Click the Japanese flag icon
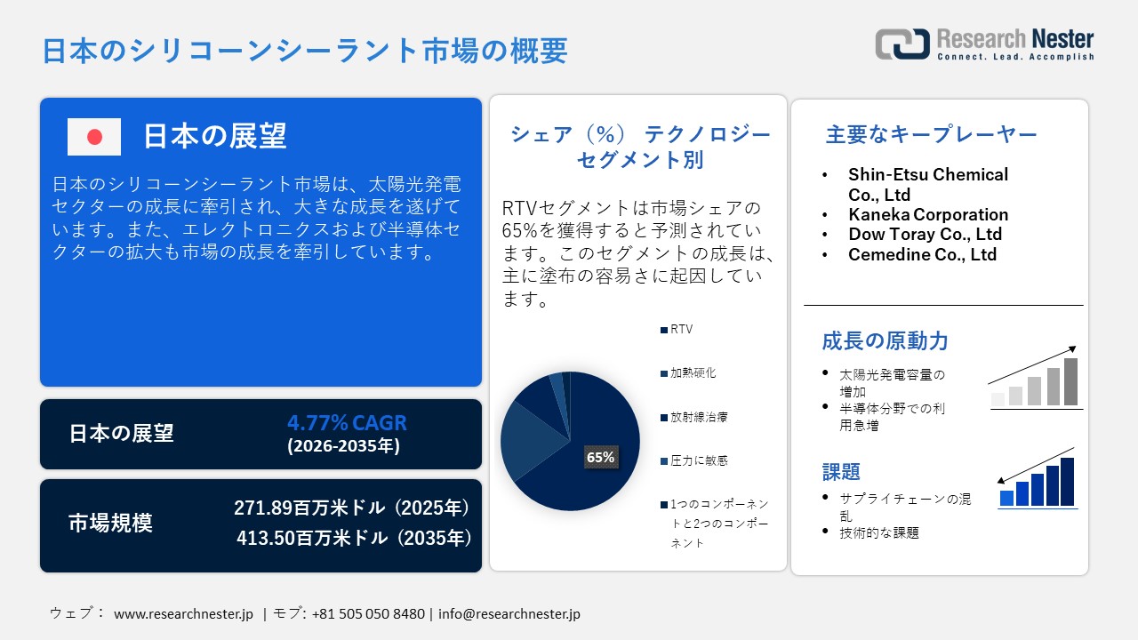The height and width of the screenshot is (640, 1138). point(94,137)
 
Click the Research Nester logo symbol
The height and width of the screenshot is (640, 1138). point(902,44)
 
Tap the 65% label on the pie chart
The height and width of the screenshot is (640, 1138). point(600,458)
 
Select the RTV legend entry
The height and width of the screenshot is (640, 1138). point(681,329)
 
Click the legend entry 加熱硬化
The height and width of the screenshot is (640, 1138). point(692,372)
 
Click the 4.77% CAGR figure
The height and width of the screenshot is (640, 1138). point(347,422)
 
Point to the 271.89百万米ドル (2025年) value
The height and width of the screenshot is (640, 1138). point(351,508)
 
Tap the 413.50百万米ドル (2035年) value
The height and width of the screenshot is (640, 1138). point(354,538)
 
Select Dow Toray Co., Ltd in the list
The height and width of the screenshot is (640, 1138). point(925,235)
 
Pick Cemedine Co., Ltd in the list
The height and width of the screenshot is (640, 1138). point(922,255)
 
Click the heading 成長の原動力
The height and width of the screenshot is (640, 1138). point(885,341)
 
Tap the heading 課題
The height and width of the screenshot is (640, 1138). point(841,472)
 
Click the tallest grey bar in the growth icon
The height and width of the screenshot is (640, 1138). point(1070,382)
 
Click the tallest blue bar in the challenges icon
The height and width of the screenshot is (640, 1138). point(1067,482)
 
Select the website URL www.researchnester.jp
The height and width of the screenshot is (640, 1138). point(184,614)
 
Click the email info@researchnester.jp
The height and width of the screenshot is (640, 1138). point(509,614)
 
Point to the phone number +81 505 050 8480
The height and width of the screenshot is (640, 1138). point(368,614)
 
